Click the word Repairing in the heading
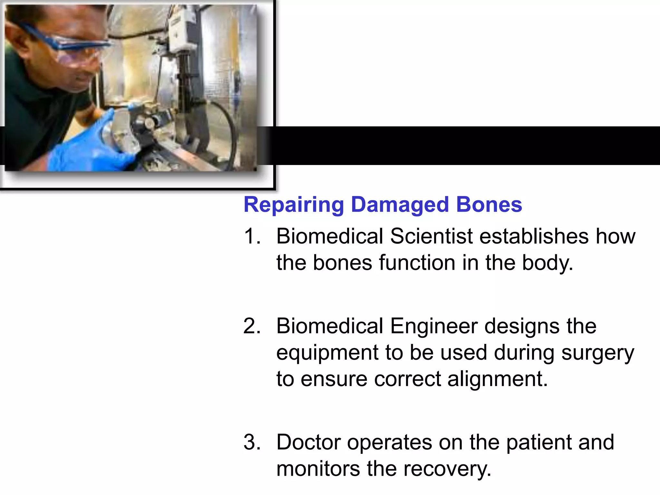pos(294,205)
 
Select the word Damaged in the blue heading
pos(400,205)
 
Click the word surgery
pos(597,353)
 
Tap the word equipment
pos(327,353)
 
